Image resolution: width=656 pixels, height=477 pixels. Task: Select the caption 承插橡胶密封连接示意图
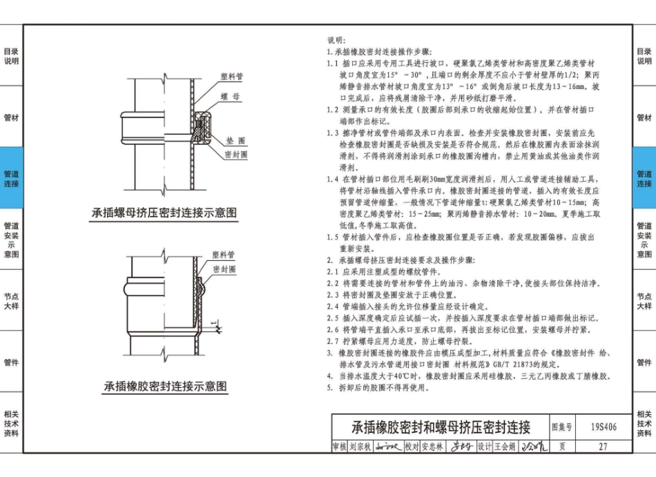165,387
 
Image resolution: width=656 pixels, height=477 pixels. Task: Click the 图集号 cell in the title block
563,427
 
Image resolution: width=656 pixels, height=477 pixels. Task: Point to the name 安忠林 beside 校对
434,447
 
